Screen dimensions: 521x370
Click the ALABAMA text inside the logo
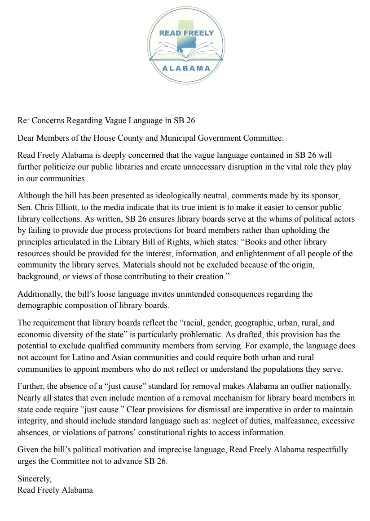point(185,68)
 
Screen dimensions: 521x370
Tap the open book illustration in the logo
point(185,50)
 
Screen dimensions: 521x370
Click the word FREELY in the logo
point(199,33)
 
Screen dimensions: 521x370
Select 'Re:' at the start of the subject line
point(23,120)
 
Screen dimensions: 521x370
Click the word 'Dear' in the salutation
point(26,138)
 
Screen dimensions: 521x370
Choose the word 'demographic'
point(39,305)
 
